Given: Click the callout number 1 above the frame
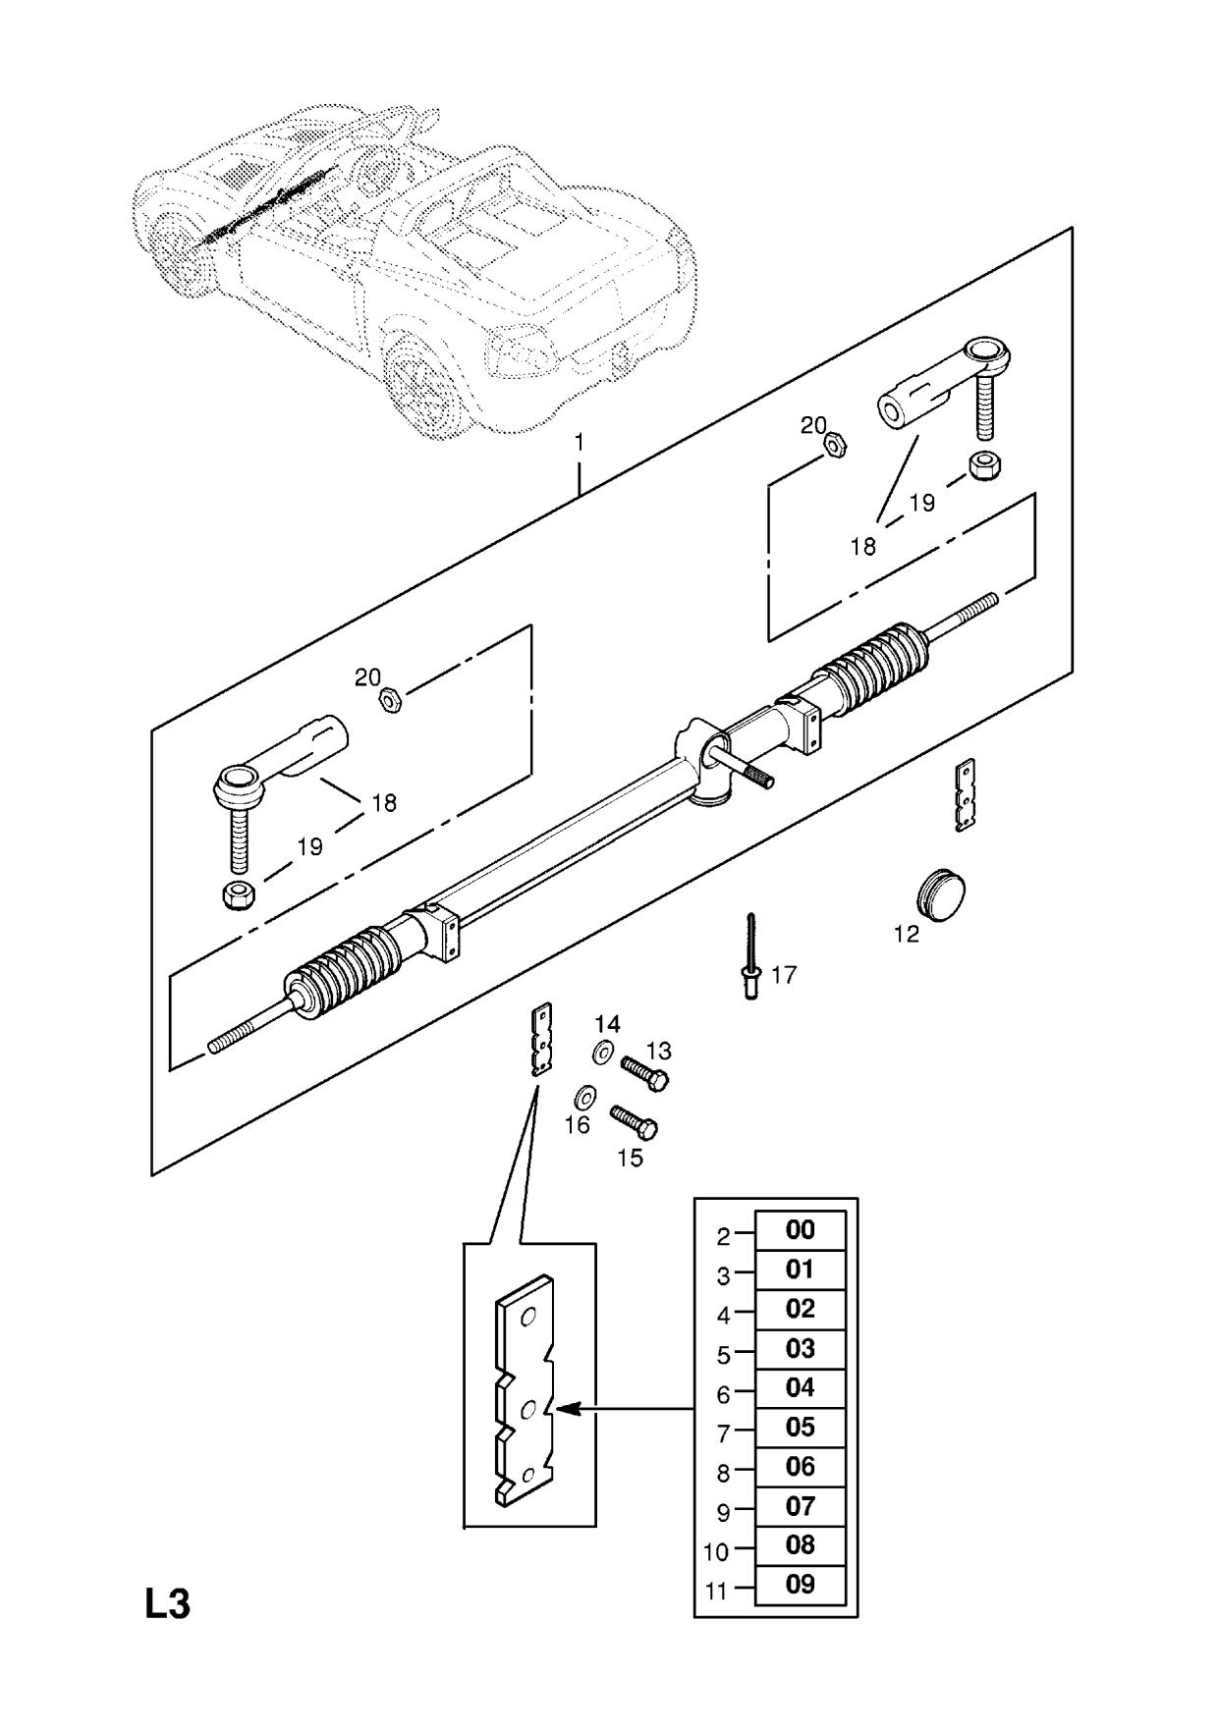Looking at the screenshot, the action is [580, 443].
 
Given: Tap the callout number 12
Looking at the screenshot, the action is [907, 934].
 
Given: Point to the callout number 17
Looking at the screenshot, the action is [784, 975].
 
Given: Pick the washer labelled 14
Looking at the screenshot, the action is [603, 1054].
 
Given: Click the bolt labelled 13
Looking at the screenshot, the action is [644, 1071].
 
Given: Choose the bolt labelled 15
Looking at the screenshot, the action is [634, 1121].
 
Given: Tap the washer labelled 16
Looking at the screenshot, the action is [585, 1095].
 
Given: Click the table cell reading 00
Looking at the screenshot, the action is [800, 1230].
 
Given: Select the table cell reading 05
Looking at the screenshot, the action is [800, 1427].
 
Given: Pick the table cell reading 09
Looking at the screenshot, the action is [800, 1584].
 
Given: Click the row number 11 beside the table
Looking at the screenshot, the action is [716, 1591].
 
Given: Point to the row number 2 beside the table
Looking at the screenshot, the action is [723, 1236].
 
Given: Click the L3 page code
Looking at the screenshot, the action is [168, 1604].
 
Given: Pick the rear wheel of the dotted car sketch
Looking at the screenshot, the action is [427, 374].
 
